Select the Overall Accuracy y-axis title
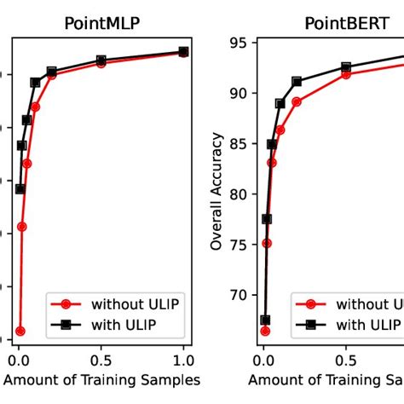click(x=217, y=190)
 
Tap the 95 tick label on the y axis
click(x=240, y=43)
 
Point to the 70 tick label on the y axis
click(x=240, y=295)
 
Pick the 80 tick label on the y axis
click(x=240, y=194)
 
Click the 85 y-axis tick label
click(x=240, y=144)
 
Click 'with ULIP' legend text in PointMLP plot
click(x=124, y=324)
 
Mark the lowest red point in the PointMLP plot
click(x=20, y=331)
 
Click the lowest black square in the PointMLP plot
click(x=20, y=189)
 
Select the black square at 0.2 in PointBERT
click(x=297, y=81)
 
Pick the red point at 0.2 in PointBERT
click(x=297, y=101)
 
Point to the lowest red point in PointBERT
click(x=265, y=331)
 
